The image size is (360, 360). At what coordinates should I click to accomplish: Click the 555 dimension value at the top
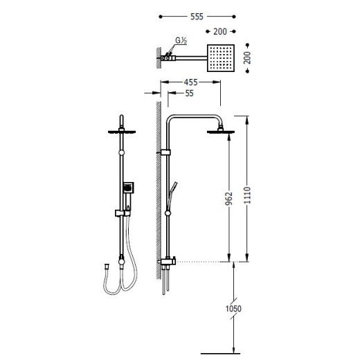[x=197, y=17]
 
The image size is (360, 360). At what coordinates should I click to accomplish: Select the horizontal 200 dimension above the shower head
[x=220, y=31]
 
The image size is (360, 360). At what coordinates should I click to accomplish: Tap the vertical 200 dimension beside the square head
[x=247, y=57]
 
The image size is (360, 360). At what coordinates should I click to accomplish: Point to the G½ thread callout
[x=181, y=40]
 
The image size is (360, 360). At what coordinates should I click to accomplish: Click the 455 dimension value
[x=191, y=82]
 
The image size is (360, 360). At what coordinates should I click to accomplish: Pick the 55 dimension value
[x=189, y=93]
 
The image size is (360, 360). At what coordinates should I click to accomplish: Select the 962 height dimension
[x=228, y=199]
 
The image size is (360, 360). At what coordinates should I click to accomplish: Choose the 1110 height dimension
[x=247, y=195]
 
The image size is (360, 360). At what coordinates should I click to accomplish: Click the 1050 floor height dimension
[x=233, y=308]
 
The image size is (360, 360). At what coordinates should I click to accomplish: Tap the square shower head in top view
[x=221, y=58]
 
